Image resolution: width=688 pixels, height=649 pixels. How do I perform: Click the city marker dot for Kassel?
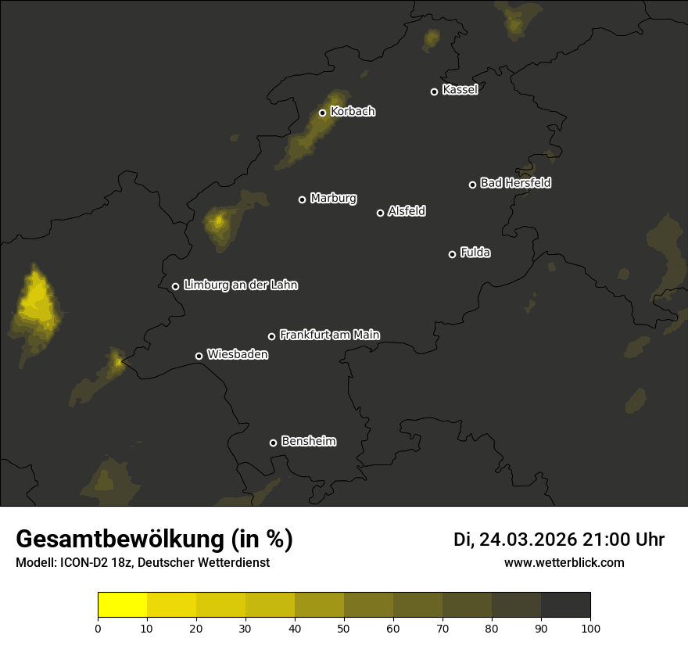point(434,91)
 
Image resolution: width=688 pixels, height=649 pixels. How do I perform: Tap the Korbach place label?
point(353,112)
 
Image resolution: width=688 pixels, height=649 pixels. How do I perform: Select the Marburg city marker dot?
point(302,199)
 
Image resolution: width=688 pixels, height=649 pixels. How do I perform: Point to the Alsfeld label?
point(407,211)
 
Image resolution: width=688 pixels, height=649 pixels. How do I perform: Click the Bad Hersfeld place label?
point(515,183)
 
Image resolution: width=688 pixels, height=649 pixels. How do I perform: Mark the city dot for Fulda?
point(452,254)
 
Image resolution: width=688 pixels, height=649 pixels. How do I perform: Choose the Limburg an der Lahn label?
point(240,285)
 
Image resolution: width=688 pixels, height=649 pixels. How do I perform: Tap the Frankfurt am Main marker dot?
point(271,336)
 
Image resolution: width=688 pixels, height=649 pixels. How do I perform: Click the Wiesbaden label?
point(237,355)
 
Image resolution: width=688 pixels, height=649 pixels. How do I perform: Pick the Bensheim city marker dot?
point(273,443)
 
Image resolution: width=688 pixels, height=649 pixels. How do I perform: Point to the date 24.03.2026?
point(528,540)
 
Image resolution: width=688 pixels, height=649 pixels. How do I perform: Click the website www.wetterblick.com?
point(564,563)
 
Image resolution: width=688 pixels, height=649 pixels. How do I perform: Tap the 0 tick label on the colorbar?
point(98,628)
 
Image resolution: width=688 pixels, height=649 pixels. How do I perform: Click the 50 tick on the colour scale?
point(344,628)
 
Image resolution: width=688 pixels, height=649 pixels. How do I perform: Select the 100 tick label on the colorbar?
point(590,628)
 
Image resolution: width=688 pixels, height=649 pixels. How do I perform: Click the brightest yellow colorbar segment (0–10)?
point(123,605)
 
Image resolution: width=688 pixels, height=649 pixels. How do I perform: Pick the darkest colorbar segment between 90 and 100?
point(565,605)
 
